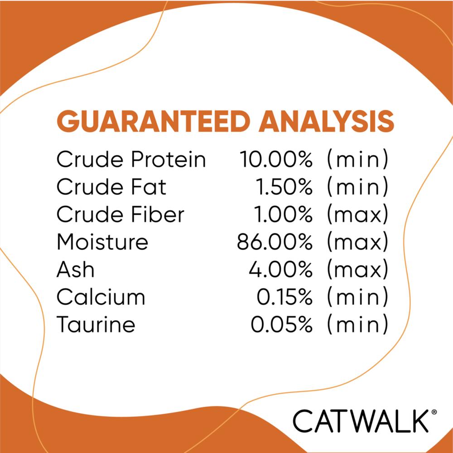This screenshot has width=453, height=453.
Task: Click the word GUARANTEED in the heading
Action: point(154,121)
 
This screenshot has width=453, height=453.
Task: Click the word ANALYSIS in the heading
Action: point(327,121)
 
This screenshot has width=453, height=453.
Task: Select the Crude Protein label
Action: point(131,159)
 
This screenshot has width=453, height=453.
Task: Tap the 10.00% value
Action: point(276,159)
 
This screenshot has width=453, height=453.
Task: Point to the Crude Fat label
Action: point(111,187)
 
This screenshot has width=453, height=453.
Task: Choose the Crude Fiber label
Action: point(120,214)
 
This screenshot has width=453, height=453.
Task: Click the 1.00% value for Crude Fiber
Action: point(283,214)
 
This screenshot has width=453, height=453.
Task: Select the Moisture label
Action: point(102,242)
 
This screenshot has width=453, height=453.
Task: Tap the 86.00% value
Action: point(275,242)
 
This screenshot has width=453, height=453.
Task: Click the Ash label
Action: point(75,269)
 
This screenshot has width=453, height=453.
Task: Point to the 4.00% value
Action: point(280,269)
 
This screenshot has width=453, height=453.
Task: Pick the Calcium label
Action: point(101,297)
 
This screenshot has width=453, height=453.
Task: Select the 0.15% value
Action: point(284,297)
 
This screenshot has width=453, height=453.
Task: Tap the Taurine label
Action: point(96,324)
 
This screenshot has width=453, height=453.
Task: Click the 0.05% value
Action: point(281,324)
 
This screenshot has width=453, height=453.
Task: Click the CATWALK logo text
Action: point(361,421)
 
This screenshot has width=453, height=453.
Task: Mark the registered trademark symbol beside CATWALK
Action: point(434,412)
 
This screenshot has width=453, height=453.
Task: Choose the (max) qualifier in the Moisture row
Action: point(357,242)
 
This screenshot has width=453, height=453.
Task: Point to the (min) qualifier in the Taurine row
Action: point(357,324)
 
